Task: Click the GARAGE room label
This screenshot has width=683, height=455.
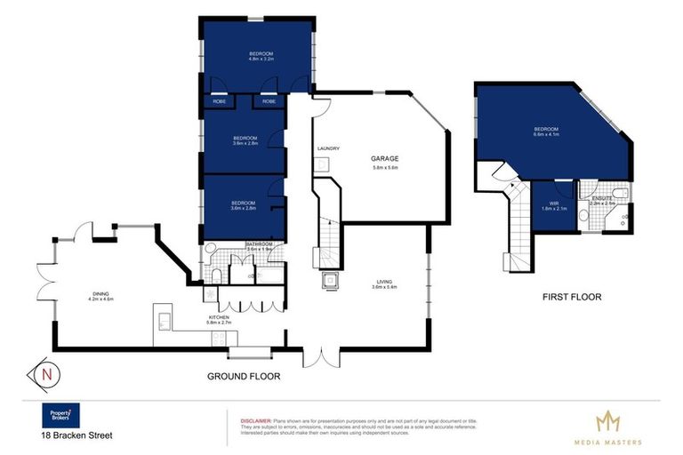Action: [x=384, y=158]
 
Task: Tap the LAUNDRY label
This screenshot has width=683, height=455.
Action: [x=328, y=148]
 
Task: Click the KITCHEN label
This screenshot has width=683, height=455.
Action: [x=219, y=316]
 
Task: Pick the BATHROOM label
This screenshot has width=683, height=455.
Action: [x=259, y=243]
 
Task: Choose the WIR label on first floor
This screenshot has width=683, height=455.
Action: [x=553, y=203]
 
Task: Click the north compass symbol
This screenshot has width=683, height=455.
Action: [x=45, y=374]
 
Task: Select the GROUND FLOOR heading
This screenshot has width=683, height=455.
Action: [x=243, y=377]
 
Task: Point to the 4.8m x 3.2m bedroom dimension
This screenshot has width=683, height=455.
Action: [x=260, y=61]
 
